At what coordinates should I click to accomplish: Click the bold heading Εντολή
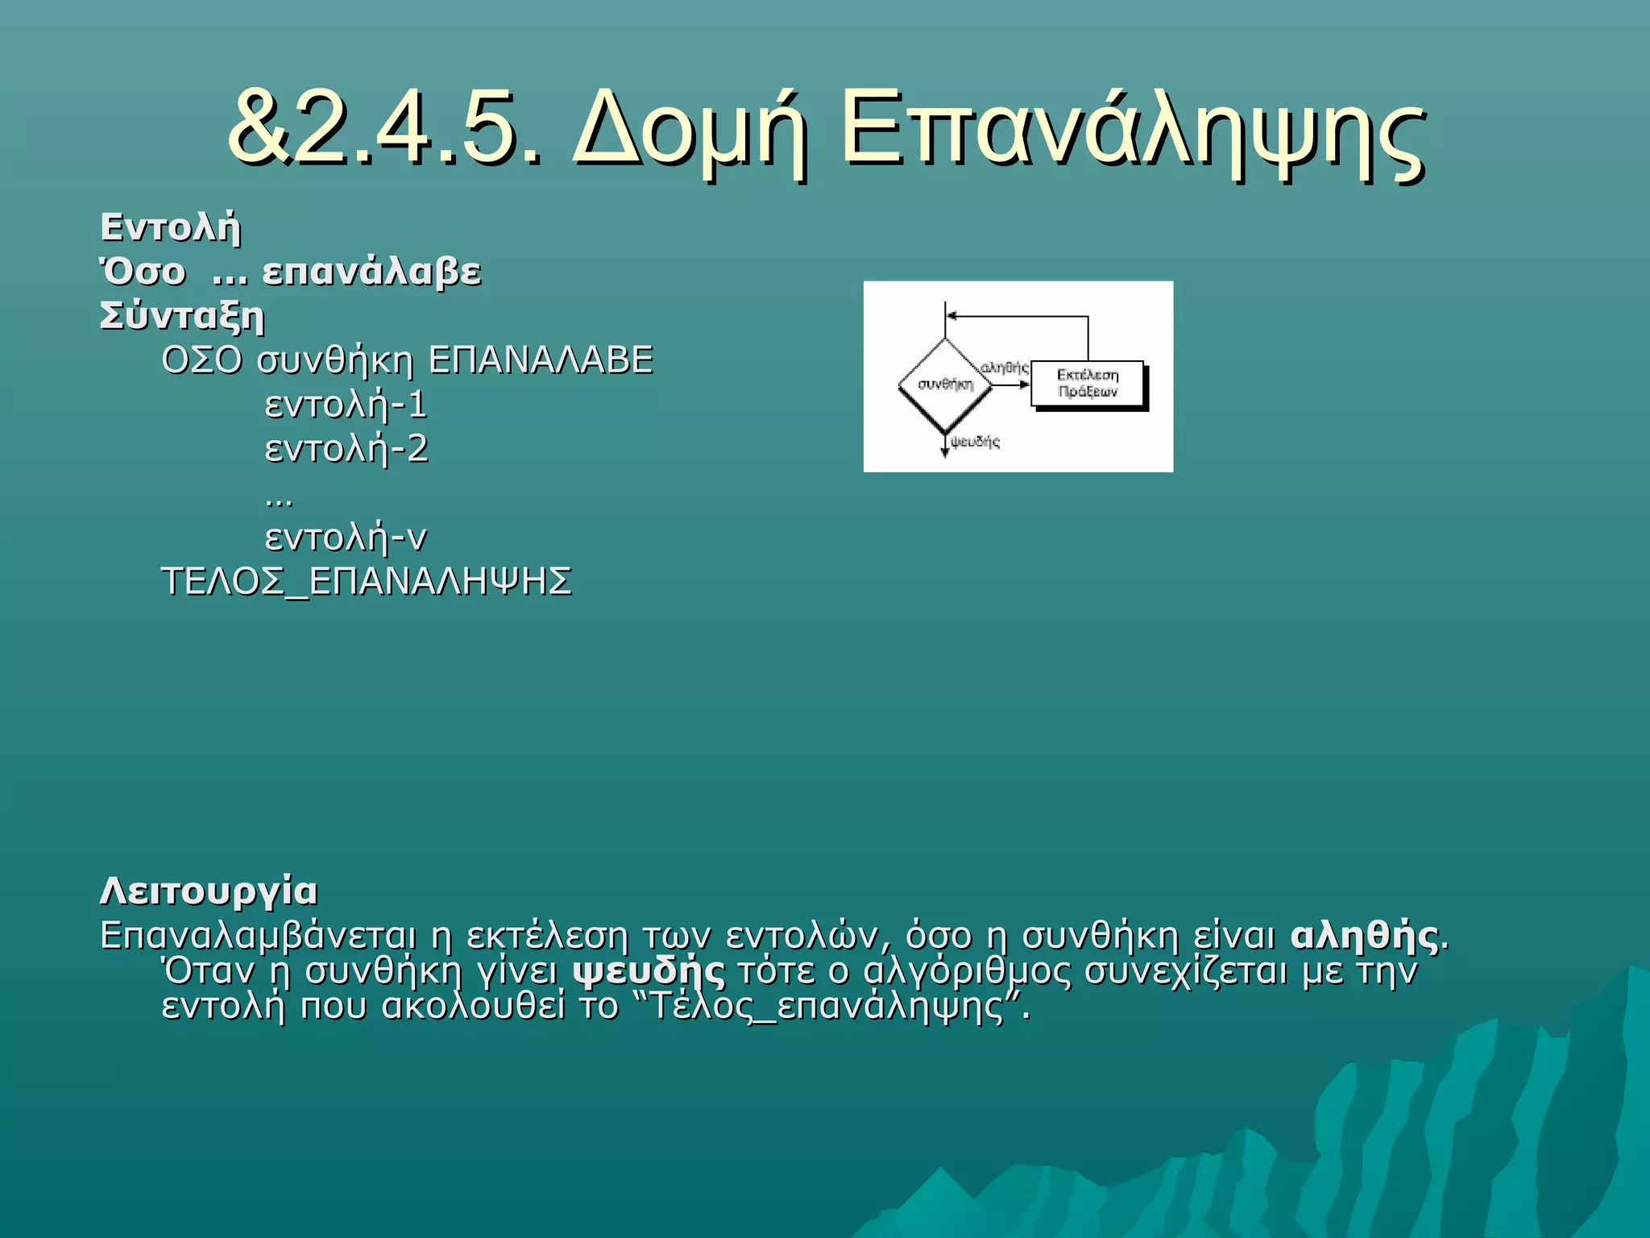point(170,227)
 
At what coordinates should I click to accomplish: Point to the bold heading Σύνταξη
point(182,316)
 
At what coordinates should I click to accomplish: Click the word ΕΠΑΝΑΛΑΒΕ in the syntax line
point(540,360)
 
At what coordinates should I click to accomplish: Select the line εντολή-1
point(346,405)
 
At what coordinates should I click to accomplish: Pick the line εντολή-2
point(346,449)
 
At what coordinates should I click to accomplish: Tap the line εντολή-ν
point(346,538)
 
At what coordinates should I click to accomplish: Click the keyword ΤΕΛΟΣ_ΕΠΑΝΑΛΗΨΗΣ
point(367,582)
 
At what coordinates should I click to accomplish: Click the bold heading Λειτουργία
point(209,891)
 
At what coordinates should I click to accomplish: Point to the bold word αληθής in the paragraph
point(1364,936)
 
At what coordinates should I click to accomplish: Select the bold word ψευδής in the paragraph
point(649,971)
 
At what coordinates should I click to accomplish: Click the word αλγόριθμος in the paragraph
point(967,971)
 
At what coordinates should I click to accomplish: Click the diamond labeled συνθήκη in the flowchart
point(945,384)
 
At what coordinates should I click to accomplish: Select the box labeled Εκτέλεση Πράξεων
point(1088,384)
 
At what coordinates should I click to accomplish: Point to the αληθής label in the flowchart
point(1005,368)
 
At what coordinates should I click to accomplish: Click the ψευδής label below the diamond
point(975,442)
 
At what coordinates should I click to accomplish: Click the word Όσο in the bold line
point(143,272)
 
